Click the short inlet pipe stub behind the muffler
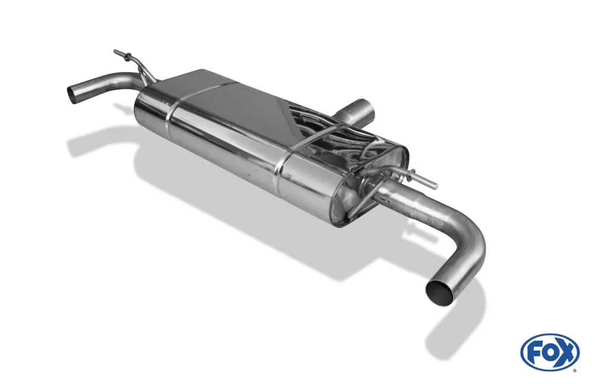[x=359, y=112]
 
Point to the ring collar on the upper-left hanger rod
[x=125, y=57]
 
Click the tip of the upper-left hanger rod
[x=115, y=52]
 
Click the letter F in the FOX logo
[x=533, y=352]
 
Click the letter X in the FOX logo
[x=567, y=352]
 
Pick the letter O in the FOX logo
[x=549, y=352]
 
